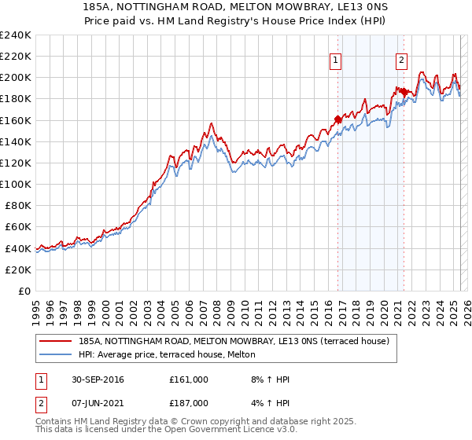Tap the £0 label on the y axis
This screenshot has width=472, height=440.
23,291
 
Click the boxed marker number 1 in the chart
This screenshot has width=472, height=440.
336,60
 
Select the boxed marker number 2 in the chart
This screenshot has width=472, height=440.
401,60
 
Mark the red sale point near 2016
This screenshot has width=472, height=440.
338,119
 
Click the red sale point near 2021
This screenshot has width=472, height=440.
404,92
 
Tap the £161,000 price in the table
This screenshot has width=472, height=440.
189,379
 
